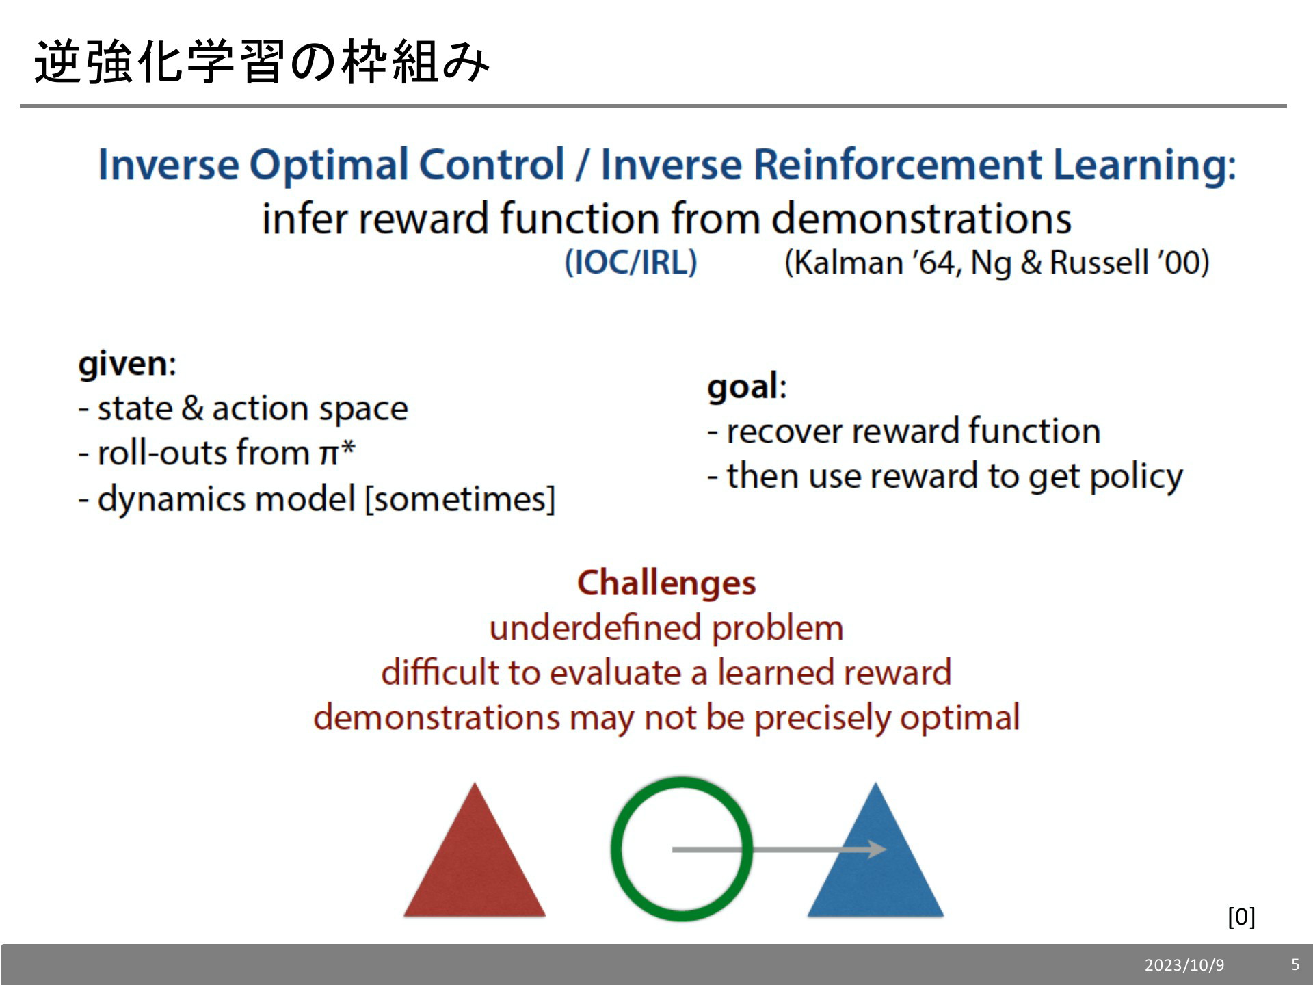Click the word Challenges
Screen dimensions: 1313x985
click(667, 583)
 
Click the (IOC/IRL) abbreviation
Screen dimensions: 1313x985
click(631, 263)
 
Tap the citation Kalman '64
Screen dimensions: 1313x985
click(873, 263)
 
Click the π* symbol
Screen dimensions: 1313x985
click(337, 452)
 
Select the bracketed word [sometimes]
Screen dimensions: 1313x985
click(460, 499)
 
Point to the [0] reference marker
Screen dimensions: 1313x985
click(1241, 917)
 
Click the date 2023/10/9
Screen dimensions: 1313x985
click(1184, 965)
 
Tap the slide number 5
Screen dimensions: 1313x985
click(1295, 964)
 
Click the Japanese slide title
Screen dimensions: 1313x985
click(262, 62)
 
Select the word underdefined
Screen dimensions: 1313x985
click(596, 628)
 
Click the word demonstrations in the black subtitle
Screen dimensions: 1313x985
click(921, 219)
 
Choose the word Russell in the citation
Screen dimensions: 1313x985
click(1098, 263)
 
